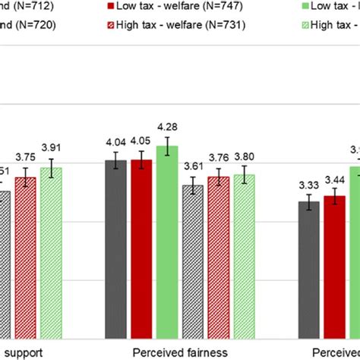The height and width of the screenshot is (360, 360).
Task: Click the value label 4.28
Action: click(166, 127)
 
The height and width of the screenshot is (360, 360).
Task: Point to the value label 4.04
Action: click(115, 141)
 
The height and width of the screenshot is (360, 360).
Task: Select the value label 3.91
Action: click(52, 150)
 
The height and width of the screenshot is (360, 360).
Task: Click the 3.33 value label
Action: click(308, 185)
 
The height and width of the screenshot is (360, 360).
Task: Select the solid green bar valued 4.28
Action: click(166, 243)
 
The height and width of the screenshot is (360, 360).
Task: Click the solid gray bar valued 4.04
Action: click(115, 251)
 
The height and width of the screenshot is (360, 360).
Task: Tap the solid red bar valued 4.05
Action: click(141, 251)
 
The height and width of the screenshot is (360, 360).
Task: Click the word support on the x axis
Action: click(20, 352)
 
